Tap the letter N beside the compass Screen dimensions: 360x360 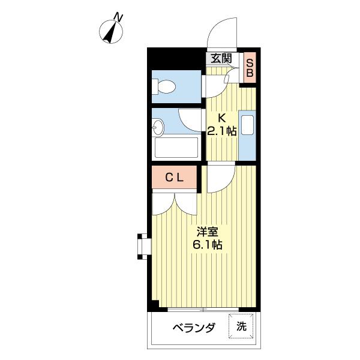click(x=119, y=17)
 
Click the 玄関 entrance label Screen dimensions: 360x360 click(x=221, y=58)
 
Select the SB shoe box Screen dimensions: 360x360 click(x=251, y=67)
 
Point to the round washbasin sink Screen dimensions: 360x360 click(x=159, y=127)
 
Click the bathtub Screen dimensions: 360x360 click(x=176, y=148)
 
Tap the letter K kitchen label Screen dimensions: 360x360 click(x=221, y=118)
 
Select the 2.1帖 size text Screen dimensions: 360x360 click(x=222, y=131)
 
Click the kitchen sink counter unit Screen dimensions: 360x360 click(x=247, y=135)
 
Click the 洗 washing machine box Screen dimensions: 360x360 click(x=241, y=327)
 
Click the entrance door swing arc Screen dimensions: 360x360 click(x=223, y=36)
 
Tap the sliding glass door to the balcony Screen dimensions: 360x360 click(x=204, y=310)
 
